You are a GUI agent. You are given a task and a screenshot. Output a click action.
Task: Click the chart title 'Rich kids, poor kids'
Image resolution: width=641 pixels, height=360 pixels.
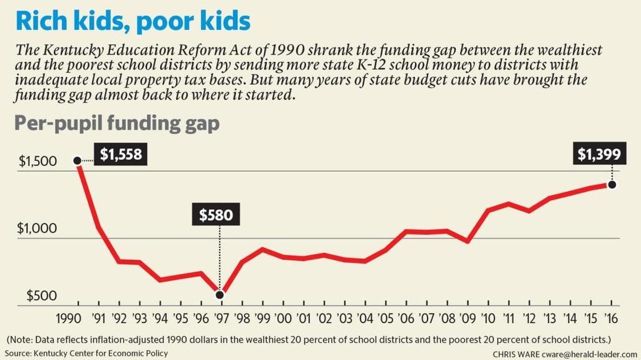tap(133, 21)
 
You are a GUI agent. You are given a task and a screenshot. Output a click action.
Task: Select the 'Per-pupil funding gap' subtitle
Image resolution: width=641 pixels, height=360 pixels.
tap(116, 123)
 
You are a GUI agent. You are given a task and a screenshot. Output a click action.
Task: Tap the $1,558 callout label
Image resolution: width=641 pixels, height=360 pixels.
tap(120, 154)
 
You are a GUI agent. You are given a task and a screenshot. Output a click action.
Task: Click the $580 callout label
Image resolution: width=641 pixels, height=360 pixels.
tap(215, 214)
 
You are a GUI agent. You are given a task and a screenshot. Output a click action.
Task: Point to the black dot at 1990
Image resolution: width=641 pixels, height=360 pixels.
tap(77, 161)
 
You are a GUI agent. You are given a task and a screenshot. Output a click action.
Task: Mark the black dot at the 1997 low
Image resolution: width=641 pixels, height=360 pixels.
tap(219, 295)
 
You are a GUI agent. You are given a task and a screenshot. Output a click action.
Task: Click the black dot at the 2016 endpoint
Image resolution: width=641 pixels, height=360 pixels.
tap(612, 184)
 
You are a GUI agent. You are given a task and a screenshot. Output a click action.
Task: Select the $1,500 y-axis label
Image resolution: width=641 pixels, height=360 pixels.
tap(38, 161)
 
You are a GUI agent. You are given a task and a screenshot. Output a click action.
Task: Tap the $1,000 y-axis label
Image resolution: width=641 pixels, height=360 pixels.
tap(37, 228)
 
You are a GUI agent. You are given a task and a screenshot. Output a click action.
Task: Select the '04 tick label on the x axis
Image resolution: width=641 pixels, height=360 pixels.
tap(365, 319)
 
